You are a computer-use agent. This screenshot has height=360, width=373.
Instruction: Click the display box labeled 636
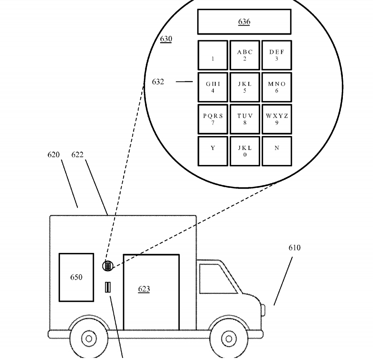(244, 22)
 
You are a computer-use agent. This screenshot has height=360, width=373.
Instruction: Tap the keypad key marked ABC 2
(245, 55)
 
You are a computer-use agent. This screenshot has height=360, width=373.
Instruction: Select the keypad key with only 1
(213, 55)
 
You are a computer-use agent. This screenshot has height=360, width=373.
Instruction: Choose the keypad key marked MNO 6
(276, 87)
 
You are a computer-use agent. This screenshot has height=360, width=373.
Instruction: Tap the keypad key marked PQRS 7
(213, 119)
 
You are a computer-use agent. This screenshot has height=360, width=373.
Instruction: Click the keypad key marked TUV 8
(245, 119)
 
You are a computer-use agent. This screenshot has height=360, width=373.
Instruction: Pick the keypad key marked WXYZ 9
(276, 119)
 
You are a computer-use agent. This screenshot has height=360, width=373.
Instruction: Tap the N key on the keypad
(276, 151)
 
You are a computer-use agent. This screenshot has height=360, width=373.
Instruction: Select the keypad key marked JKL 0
(245, 151)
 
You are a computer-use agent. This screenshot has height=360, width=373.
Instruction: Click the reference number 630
(166, 39)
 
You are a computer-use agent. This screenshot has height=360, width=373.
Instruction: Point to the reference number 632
(158, 82)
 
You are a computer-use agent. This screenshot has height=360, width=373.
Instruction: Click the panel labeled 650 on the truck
(76, 277)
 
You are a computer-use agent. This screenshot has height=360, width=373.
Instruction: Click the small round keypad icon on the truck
(107, 266)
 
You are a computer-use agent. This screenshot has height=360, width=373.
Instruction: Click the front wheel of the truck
(229, 338)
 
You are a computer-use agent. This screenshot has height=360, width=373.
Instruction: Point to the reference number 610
(294, 248)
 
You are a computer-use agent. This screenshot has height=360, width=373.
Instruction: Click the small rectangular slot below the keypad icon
(108, 288)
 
